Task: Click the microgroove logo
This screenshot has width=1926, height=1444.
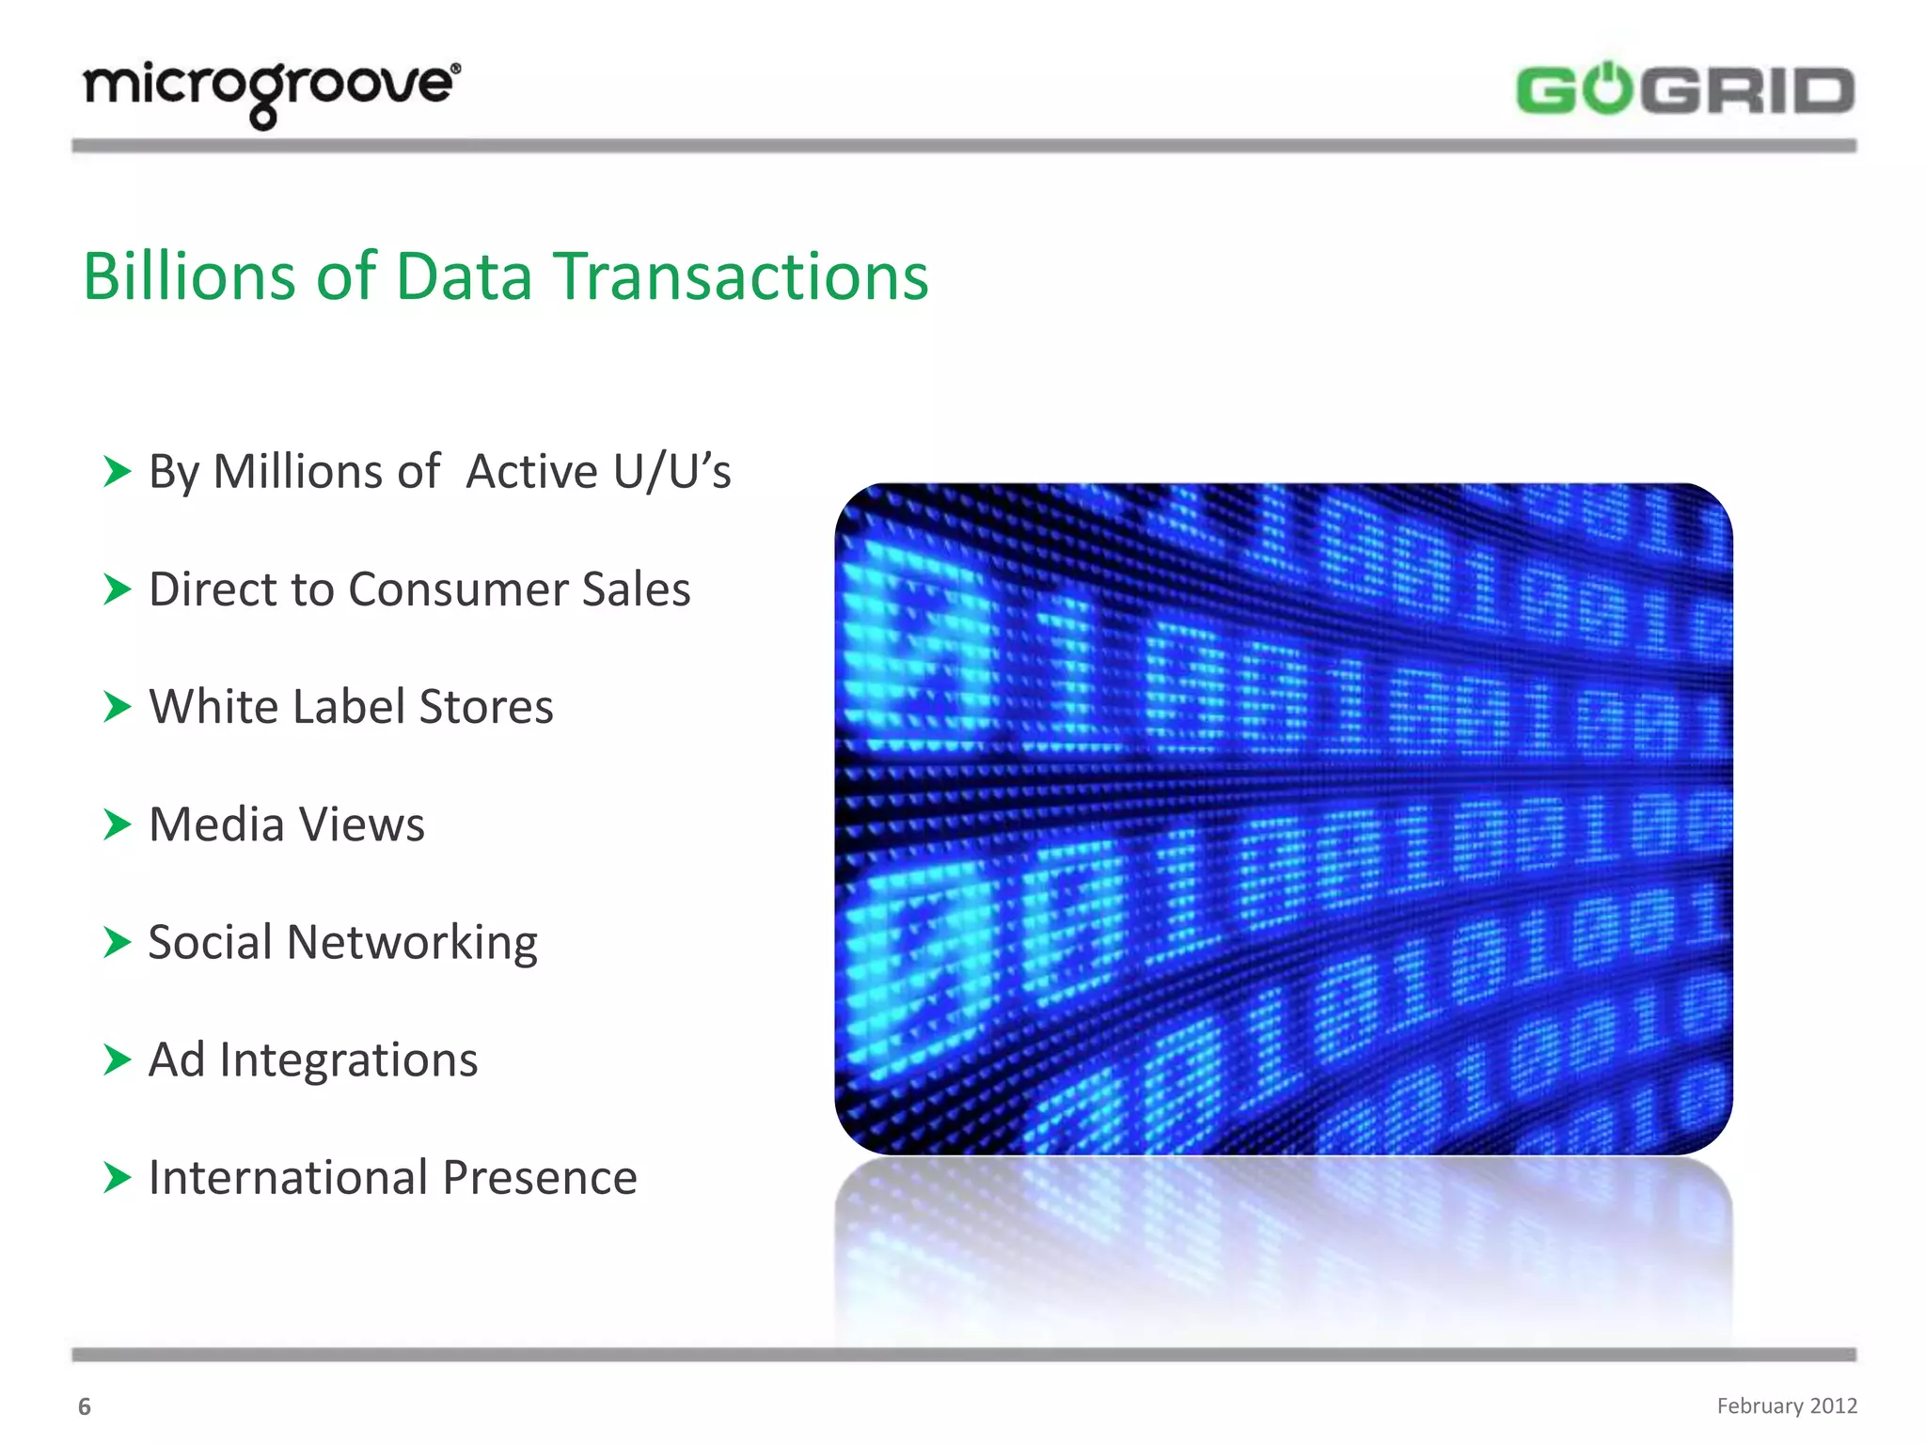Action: [x=272, y=91]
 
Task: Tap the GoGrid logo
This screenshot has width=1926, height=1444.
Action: [x=1684, y=90]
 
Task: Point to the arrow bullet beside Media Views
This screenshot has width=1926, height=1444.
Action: [x=117, y=824]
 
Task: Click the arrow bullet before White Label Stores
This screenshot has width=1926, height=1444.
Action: [x=117, y=707]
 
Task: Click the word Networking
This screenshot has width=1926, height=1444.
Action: [x=412, y=942]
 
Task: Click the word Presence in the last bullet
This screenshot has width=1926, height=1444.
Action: [x=540, y=1177]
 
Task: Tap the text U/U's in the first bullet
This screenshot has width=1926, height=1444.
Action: [x=671, y=471]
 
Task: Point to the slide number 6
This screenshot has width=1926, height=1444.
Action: [x=85, y=1406]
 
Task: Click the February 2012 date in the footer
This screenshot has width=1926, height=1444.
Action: [x=1786, y=1405]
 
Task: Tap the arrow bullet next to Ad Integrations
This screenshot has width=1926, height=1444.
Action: [x=117, y=1059]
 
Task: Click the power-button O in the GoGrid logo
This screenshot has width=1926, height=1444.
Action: [x=1610, y=90]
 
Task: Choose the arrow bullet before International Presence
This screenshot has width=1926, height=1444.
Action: [x=117, y=1177]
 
